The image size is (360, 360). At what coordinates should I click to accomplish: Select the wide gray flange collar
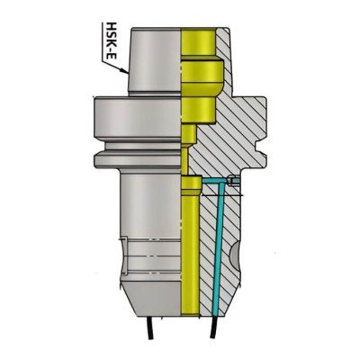pos(135,116)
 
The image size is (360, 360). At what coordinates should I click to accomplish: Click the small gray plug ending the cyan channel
pos(233,183)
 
